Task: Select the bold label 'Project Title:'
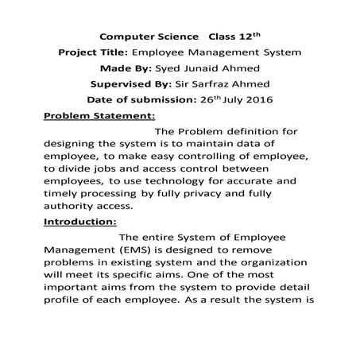tap(94, 52)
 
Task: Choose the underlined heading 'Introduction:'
tap(79, 222)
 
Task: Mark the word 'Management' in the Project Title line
tap(257, 52)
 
